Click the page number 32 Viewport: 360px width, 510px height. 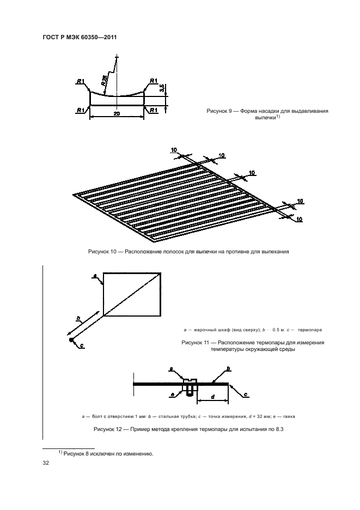46,463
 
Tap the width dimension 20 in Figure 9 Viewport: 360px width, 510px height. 117,113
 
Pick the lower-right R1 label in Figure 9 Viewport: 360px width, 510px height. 154,110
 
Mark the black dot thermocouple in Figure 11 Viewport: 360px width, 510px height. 71,340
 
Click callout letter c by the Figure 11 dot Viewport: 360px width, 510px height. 82,345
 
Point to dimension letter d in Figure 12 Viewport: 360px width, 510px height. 212,396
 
